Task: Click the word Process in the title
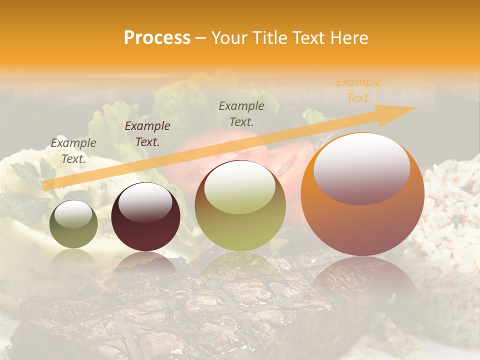[x=157, y=38]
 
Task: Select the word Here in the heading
[x=349, y=38]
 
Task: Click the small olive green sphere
[x=74, y=224]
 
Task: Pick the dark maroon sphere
[x=145, y=217]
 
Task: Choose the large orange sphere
[x=362, y=195]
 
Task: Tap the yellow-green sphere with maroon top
[x=240, y=206]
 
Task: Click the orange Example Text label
[x=358, y=90]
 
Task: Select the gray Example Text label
[x=73, y=151]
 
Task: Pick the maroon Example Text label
[x=147, y=134]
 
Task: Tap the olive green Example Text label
[x=241, y=113]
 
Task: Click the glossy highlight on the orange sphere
[x=361, y=168]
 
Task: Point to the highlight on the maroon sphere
[x=145, y=203]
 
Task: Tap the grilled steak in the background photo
[x=165, y=310]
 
